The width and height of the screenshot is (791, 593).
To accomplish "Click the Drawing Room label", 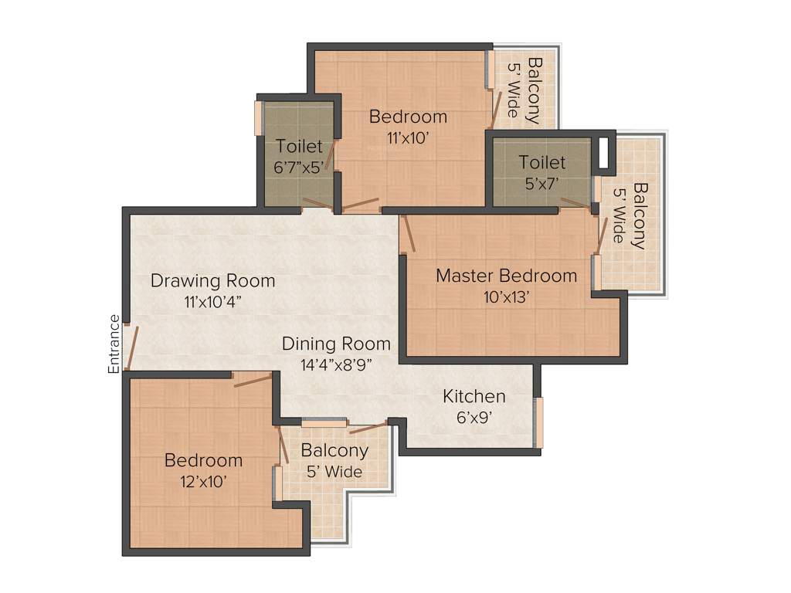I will point(212,280).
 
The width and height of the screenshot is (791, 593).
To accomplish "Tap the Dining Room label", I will point(336,343).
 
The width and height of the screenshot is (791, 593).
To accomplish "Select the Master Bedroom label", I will point(506,276).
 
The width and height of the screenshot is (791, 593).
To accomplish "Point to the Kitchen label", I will point(474,396).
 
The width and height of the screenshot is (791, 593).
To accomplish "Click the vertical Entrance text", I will point(114,344).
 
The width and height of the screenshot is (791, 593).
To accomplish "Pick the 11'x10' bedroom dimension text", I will point(408,138).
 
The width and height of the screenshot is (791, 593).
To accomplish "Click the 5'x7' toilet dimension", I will point(541,184).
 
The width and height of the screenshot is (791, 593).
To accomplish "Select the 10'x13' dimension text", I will point(505,297).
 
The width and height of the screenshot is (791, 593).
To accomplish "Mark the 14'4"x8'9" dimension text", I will point(336,364).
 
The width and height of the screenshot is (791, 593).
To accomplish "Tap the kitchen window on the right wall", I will point(538,422).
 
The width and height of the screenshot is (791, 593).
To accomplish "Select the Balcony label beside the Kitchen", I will point(334,450).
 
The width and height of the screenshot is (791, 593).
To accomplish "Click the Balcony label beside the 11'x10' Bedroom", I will point(534,91).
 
